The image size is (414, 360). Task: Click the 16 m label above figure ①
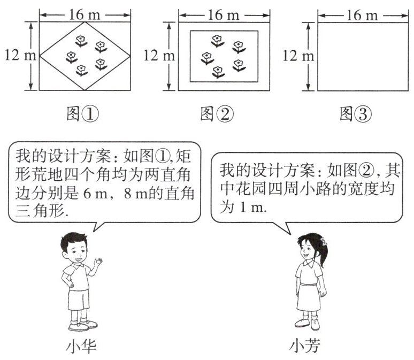coord(83,14)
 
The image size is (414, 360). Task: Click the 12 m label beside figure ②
coord(156,55)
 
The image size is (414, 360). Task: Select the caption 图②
coord(217,113)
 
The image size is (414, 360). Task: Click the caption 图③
coord(355,113)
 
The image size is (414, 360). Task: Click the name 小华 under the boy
coord(80,347)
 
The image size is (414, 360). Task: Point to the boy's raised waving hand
coord(97,262)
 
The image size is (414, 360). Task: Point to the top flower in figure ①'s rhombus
coord(81,40)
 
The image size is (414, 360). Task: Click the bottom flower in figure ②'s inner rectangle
coord(218,72)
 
